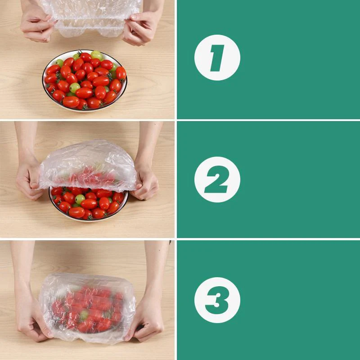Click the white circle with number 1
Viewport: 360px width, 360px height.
coord(217,58)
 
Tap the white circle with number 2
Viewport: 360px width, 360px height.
coord(217,180)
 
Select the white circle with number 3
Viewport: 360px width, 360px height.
coord(217,300)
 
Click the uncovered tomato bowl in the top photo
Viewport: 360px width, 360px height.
coord(85,81)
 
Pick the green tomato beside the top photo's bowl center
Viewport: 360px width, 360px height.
coord(75,87)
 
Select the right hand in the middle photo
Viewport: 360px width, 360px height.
coord(145,182)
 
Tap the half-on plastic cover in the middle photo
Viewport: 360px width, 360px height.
coord(88,164)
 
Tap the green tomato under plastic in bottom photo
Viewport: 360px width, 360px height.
coord(84,315)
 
